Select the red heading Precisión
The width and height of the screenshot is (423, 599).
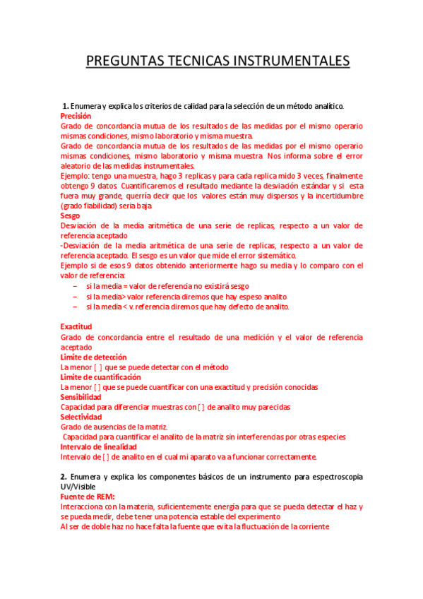(x=76, y=115)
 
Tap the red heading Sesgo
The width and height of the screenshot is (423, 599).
(x=70, y=215)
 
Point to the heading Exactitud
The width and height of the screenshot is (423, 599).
(x=76, y=327)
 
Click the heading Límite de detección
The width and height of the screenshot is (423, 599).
(x=94, y=357)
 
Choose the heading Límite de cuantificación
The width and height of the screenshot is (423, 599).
(x=101, y=377)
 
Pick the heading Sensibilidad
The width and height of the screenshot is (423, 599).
(x=82, y=397)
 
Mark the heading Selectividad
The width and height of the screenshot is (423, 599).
(x=81, y=417)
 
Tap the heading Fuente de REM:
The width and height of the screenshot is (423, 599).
(x=88, y=497)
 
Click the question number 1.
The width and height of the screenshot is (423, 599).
(x=64, y=105)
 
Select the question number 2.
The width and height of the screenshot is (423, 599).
(x=63, y=477)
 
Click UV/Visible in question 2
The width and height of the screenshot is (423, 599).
(x=78, y=487)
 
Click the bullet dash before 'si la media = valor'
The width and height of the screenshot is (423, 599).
(x=75, y=286)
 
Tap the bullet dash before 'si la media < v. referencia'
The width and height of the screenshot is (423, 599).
(x=75, y=307)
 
